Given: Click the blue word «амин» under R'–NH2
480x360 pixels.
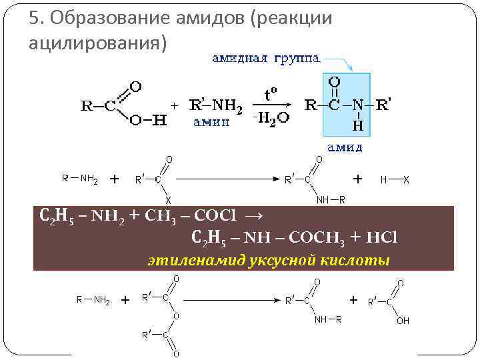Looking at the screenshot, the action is (211, 121).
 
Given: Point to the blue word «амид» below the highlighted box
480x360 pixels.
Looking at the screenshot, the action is (345, 146).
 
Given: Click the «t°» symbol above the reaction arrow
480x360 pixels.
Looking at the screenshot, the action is (271, 95).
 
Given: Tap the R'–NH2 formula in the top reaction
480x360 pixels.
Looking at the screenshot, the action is (216, 105).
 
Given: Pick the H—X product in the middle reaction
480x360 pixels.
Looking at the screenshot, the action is (395, 179).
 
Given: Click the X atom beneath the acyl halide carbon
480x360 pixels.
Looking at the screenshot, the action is (168, 200).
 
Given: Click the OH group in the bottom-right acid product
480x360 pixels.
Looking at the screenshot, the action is (403, 321).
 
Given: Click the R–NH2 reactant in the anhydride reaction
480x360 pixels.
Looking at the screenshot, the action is (93, 300).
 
